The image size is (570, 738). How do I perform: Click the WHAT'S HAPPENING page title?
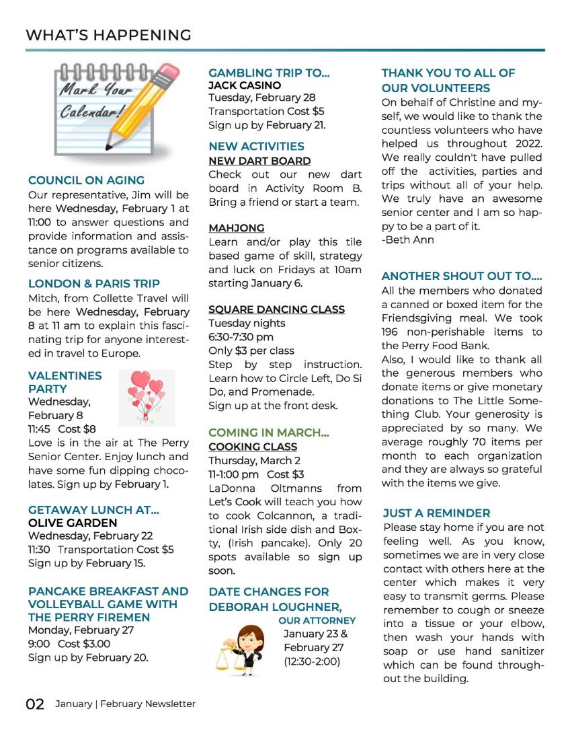point(108,35)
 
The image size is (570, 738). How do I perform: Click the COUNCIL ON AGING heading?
point(86,180)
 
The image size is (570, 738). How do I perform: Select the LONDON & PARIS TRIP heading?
point(94,284)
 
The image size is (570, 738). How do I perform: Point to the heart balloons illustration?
point(147,397)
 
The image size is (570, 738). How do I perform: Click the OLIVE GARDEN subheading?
point(73,523)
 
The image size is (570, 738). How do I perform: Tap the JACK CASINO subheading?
point(245,85)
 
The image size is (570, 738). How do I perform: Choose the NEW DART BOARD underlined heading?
point(259,161)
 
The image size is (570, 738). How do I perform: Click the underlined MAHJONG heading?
point(236,228)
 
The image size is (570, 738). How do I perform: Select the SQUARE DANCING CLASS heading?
point(276,309)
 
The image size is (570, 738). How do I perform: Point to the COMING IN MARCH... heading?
point(269,433)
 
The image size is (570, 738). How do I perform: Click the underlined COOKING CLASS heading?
point(253,447)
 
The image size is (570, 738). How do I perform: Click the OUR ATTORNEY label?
point(317,620)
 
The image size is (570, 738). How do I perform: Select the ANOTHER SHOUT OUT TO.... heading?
point(462,276)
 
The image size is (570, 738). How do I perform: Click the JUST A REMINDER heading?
point(436,513)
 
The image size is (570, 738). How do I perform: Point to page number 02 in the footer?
point(35,704)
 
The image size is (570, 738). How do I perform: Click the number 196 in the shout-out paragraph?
point(391,332)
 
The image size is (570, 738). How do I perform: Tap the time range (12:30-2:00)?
point(312,661)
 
